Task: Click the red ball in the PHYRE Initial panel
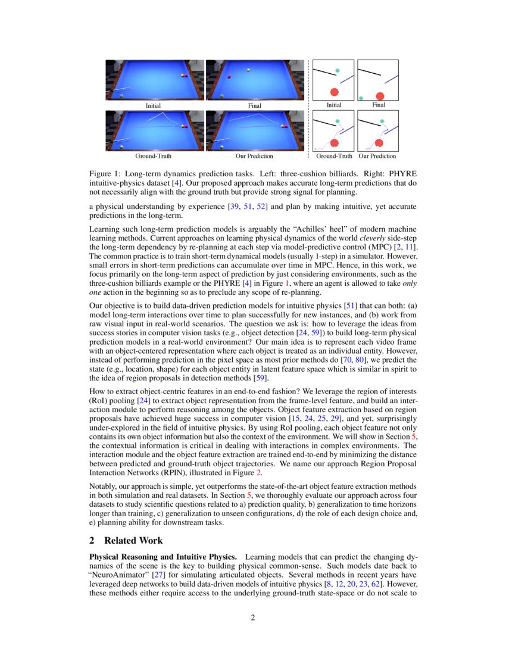(335, 92)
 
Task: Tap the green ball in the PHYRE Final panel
(361, 98)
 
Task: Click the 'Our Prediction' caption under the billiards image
(254, 156)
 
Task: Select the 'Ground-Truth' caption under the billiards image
(154, 156)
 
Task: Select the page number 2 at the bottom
(253, 617)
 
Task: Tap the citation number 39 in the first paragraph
(235, 206)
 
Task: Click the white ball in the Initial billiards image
(121, 95)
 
